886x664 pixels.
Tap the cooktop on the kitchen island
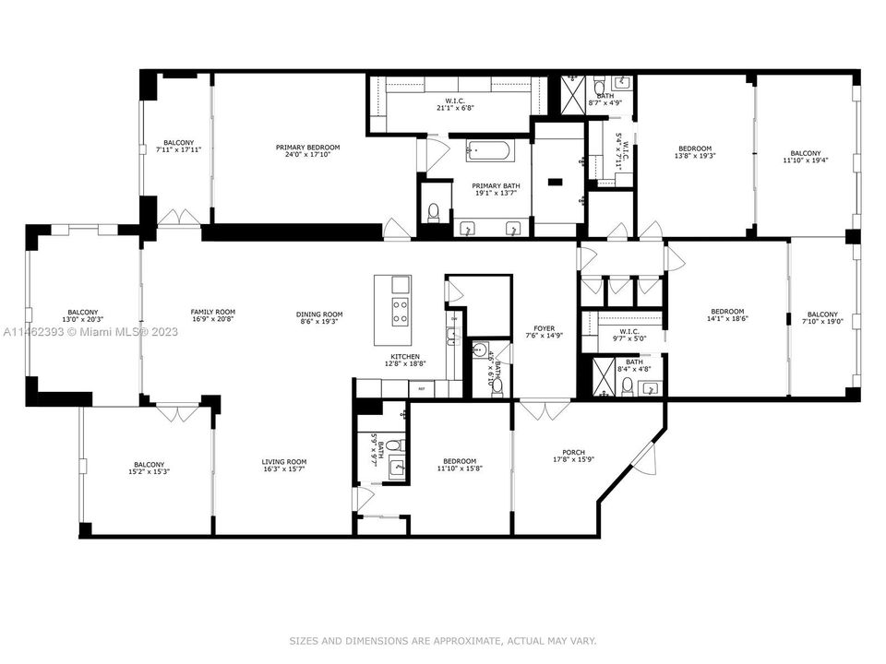401,311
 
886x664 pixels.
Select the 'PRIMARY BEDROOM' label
307,148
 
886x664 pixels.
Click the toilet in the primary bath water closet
434,212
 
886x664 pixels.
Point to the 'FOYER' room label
545,328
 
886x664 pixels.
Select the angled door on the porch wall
649,455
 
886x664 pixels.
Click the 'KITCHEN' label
405,357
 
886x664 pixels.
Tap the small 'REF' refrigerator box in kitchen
422,388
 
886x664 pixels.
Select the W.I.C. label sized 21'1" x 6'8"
456,101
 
